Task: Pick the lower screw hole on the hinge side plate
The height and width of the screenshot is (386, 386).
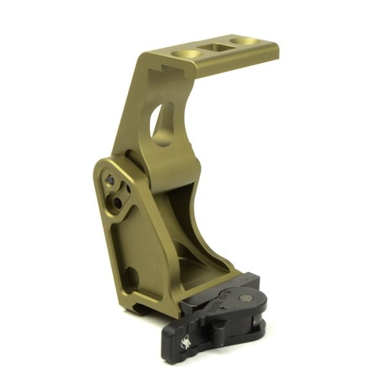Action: point(118,202)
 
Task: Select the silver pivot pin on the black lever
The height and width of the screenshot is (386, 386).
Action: point(245,297)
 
